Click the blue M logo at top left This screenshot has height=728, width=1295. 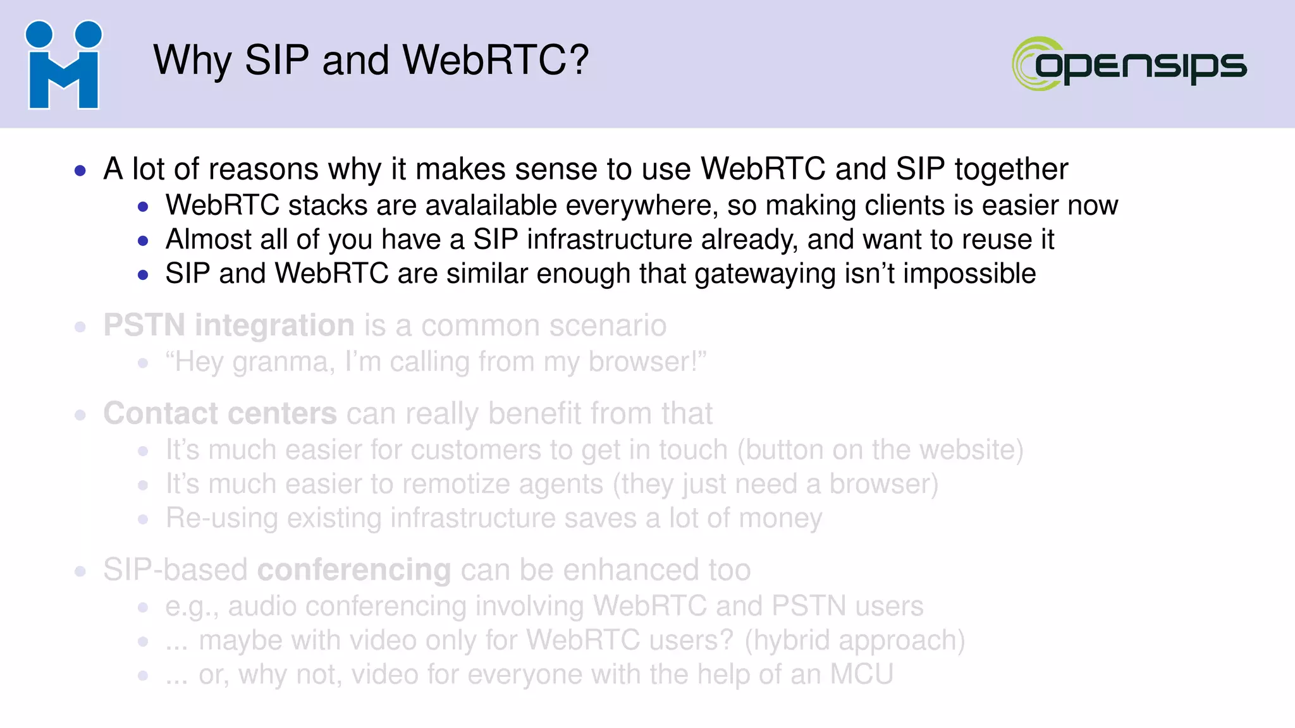point(63,65)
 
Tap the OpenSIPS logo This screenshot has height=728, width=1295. point(1129,64)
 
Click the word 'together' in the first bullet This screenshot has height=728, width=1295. point(1011,169)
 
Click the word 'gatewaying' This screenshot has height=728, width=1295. point(764,274)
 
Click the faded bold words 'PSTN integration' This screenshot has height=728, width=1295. point(228,325)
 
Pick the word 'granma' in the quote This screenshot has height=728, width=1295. point(280,363)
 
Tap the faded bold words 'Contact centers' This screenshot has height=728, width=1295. point(219,413)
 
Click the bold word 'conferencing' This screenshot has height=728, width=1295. point(354,570)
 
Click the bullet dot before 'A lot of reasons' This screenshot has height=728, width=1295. point(80,170)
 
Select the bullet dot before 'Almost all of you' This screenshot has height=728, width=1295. point(143,241)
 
